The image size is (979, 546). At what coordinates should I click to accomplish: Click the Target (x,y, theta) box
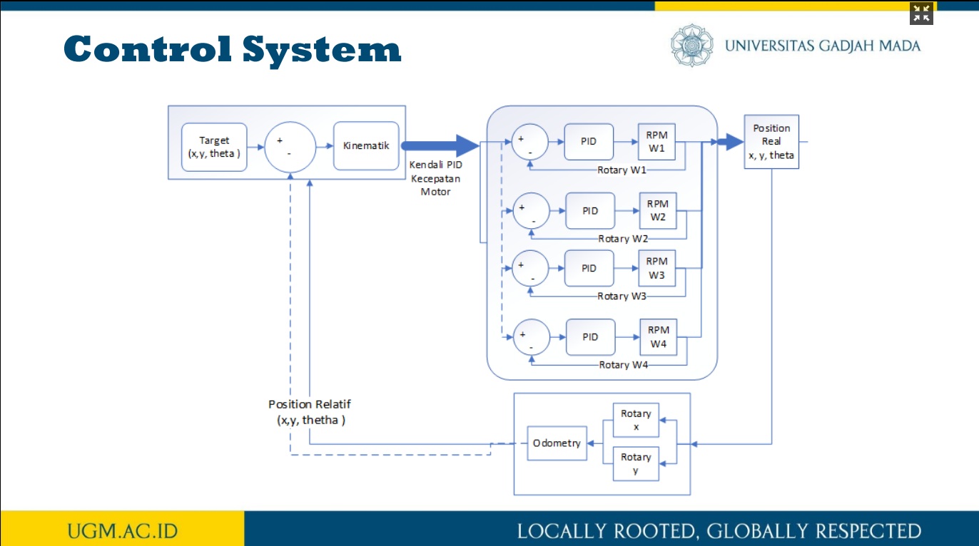pos(214,147)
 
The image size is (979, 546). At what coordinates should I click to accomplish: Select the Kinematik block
pos(366,146)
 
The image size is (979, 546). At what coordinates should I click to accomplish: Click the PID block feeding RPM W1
pos(589,141)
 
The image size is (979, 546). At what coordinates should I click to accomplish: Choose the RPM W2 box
pos(658,210)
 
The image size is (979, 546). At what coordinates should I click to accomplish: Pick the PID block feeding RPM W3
pos(589,268)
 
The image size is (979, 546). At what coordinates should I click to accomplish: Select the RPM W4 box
pos(658,337)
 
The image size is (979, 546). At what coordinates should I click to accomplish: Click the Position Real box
pos(771,141)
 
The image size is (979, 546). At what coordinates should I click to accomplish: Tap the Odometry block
pos(557,443)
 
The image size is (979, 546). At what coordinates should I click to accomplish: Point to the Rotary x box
pos(636,420)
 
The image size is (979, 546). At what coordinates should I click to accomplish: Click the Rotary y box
pos(636,463)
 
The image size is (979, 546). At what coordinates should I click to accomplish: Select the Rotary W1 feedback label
pos(622,170)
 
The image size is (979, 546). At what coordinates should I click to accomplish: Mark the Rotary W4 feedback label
pos(623,365)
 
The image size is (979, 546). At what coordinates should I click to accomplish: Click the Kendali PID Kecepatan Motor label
pos(436,178)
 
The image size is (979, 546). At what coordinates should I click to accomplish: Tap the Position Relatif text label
pos(310,412)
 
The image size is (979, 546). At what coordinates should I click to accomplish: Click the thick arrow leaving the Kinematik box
pos(440,146)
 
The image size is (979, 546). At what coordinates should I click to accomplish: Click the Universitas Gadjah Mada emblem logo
pos(692,46)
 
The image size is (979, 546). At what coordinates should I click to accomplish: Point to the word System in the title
pos(322,50)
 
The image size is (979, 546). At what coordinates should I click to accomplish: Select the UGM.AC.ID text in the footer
pos(123,531)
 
